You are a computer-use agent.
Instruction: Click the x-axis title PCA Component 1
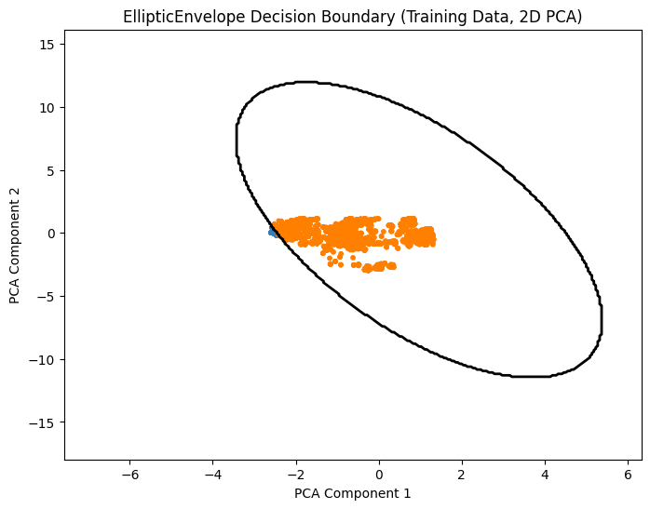tap(353, 492)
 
